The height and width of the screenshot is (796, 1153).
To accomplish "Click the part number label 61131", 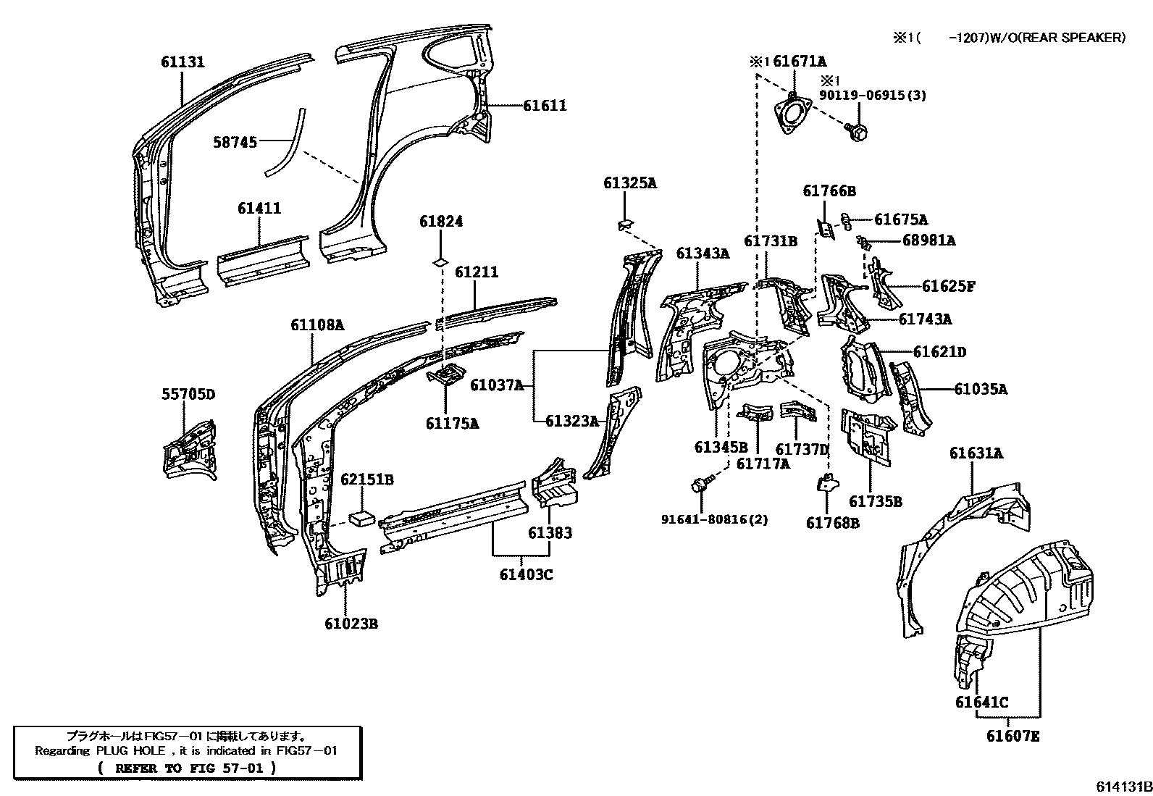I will click(x=183, y=62).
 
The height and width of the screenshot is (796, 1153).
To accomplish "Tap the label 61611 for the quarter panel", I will click(x=545, y=106).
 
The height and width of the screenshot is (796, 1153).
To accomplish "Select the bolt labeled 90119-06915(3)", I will click(x=860, y=132).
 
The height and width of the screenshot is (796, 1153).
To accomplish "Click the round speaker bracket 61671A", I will click(x=792, y=116).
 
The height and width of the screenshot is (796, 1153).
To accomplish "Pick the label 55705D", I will click(x=188, y=395).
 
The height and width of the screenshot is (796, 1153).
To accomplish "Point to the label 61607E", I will click(x=1012, y=737).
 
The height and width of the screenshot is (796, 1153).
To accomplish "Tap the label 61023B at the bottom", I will click(x=351, y=624).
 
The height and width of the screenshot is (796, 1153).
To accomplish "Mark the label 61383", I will click(x=550, y=532).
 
